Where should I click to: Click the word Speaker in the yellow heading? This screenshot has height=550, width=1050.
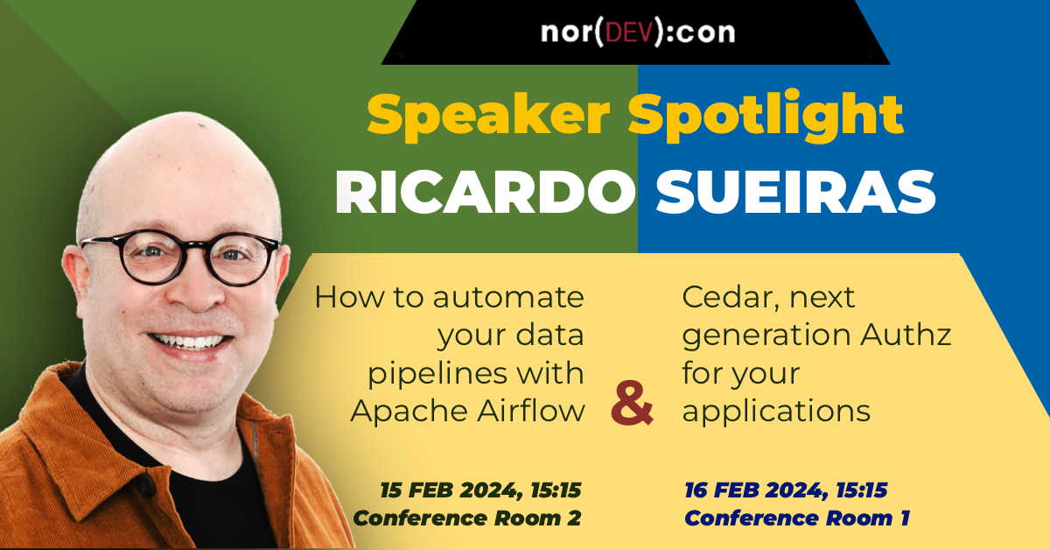(x=488, y=116)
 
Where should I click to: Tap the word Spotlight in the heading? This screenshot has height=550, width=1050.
(x=766, y=116)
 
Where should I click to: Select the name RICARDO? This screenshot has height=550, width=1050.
(x=485, y=193)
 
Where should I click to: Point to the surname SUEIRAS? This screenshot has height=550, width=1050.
(x=795, y=193)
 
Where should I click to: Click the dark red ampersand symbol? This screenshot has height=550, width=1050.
(x=632, y=403)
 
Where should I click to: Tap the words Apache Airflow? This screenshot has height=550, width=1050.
(x=467, y=411)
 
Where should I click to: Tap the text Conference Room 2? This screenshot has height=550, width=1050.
(x=467, y=518)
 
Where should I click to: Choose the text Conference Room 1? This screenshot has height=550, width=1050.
(x=797, y=518)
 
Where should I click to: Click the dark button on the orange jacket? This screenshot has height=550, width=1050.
(x=146, y=486)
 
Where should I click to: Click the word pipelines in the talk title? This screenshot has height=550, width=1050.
(x=437, y=375)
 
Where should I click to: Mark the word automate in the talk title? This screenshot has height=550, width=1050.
(x=508, y=298)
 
